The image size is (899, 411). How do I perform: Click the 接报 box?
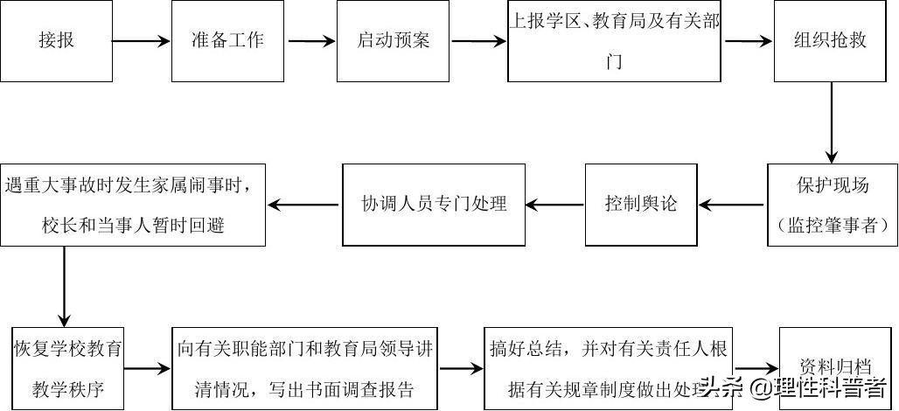(57, 40)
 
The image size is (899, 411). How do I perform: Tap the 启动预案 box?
(394, 40)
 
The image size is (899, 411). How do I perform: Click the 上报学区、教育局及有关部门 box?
(616, 42)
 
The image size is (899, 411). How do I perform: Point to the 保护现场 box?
(832, 205)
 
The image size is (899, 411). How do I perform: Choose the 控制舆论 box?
(641, 205)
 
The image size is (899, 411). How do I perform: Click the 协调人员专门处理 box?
(435, 205)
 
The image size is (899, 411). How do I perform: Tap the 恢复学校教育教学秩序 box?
(67, 368)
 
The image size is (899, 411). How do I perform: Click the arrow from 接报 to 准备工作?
(142, 41)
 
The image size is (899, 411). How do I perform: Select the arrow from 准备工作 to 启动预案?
(312, 41)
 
